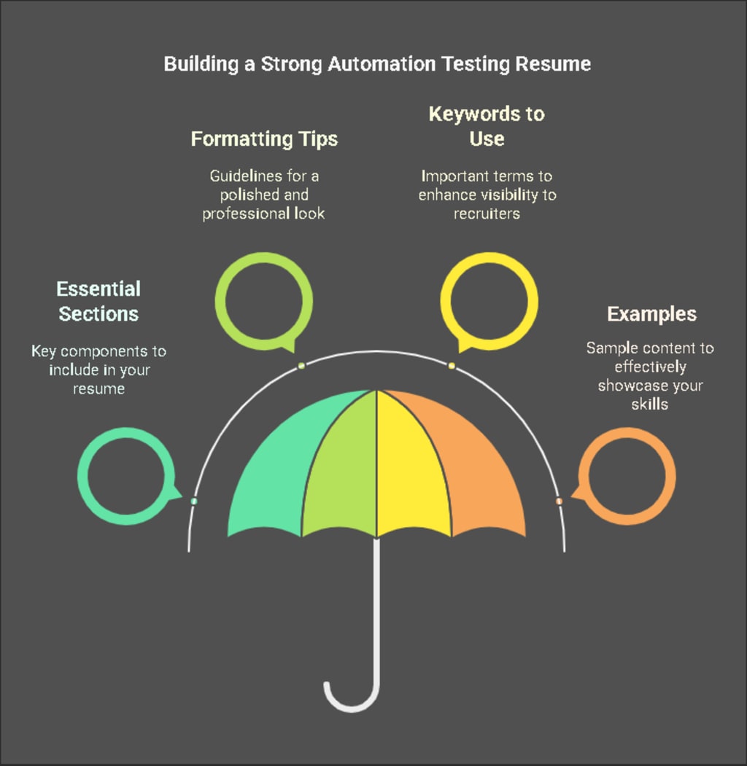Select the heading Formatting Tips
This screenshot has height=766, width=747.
coord(264,138)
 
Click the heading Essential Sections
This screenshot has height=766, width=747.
coord(98,301)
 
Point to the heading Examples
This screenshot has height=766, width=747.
coord(651,314)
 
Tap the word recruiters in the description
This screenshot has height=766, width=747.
coord(486,214)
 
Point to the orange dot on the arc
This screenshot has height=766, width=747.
coord(559,501)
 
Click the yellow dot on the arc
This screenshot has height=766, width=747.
coord(452,365)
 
